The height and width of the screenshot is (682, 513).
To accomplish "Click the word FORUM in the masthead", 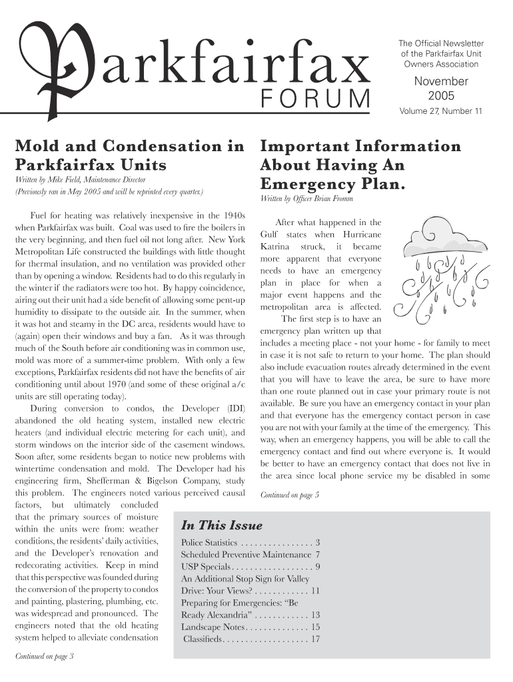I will tap(314, 101).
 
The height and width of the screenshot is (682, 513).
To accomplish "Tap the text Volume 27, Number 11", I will tap(440, 111).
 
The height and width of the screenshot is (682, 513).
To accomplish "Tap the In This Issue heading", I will tap(222, 525).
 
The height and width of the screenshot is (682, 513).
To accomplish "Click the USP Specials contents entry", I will tap(206, 567).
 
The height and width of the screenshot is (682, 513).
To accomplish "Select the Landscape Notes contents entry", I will tap(213, 627).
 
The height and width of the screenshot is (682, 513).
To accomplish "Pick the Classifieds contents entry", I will tap(203, 639).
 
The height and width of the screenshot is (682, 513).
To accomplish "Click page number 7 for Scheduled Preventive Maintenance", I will tap(318, 555).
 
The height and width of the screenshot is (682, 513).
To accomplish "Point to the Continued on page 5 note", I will tap(290, 495).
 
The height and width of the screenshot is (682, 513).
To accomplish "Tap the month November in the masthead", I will tap(441, 81).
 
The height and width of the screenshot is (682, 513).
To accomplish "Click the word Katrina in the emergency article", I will tap(275, 247).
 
